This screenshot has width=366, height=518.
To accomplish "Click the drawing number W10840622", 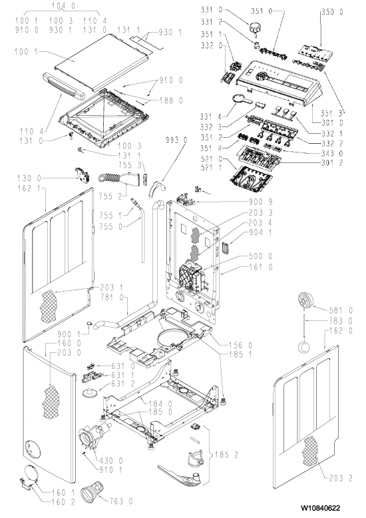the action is pos(320,508).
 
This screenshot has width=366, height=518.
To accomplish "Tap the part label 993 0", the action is pos(176,140).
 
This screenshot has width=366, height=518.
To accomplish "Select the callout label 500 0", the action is pos(262,256).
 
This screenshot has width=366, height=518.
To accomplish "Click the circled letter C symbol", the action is pos(304,346).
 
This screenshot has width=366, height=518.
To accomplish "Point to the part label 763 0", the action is pos(121,501).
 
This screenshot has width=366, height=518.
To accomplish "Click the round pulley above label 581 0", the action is pos(305,301).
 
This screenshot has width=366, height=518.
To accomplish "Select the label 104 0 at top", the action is pos(64,5).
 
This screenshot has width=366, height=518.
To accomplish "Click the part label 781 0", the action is pos(112,298).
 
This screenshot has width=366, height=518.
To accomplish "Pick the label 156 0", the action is pos(240,346).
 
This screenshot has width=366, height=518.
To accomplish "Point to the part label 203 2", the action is pos(341,477).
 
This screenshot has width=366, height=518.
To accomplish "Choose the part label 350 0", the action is pos(332,12).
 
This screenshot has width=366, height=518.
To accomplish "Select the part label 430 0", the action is pos(111,460).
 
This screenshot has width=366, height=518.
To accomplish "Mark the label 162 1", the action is pos(30,188).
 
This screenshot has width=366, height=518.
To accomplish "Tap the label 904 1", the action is pos(262,232).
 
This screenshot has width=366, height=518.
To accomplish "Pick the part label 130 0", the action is pos(29,178).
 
